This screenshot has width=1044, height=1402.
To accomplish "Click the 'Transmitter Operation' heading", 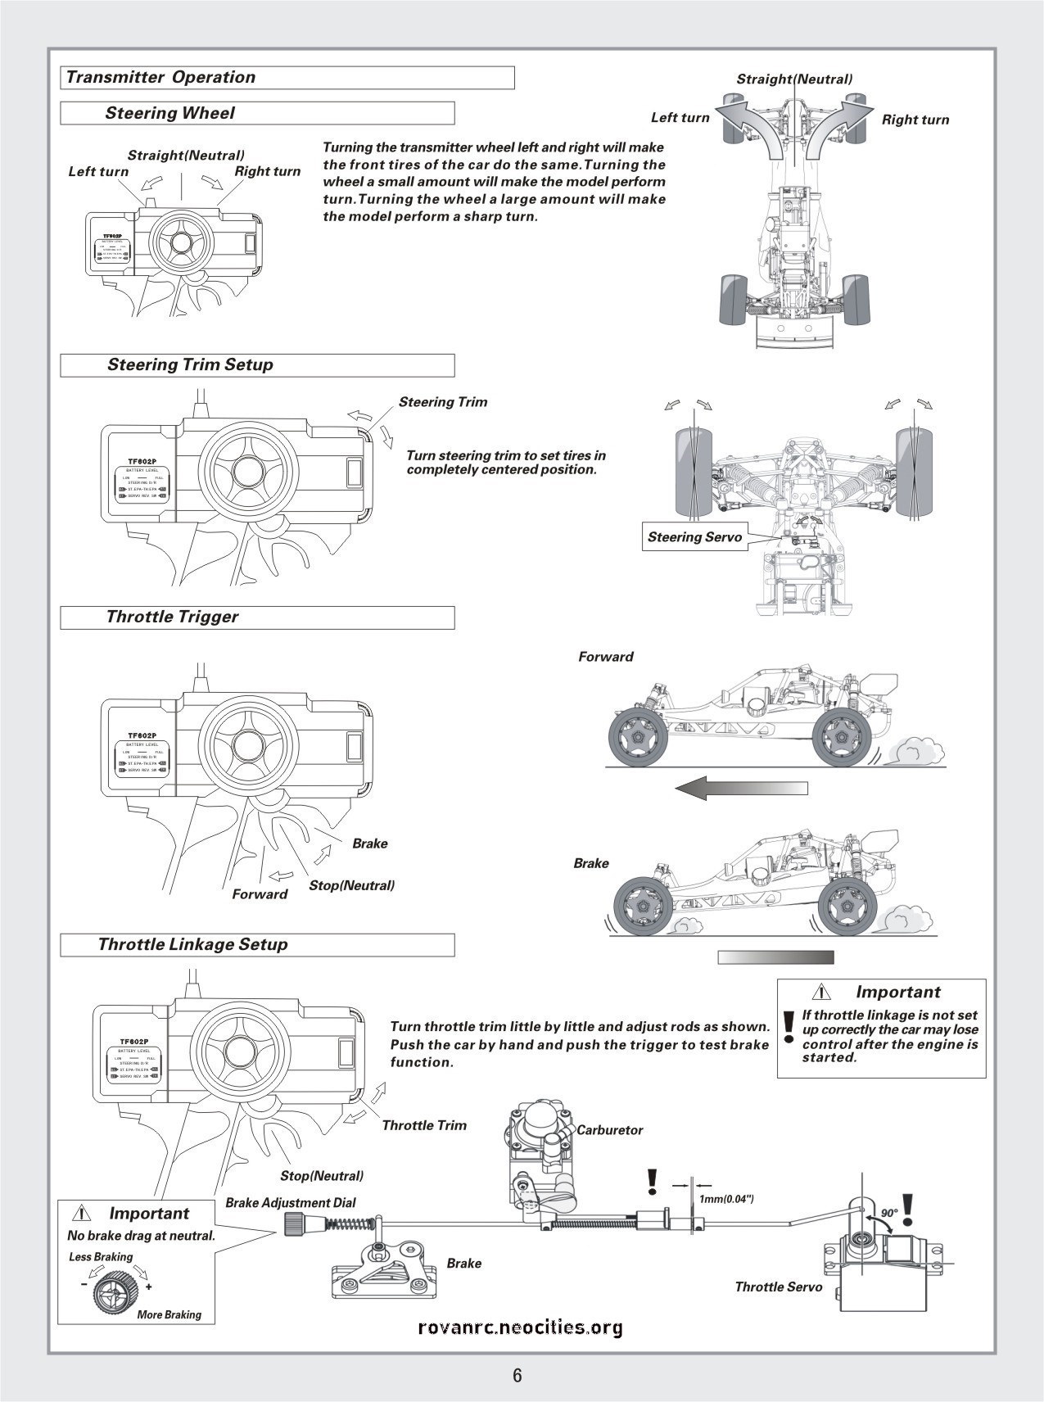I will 160,78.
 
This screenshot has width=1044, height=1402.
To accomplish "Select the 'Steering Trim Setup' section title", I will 190,365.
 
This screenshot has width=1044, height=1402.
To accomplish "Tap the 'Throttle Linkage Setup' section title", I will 192,944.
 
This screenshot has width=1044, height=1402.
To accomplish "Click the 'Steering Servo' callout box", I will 694,537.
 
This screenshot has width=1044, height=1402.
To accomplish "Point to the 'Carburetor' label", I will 610,1130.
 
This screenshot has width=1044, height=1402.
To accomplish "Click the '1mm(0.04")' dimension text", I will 726,1199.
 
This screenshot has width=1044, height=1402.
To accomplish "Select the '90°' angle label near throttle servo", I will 889,1213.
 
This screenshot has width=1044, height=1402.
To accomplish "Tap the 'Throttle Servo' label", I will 778,1287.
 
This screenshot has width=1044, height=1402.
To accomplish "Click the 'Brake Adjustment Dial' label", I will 291,1203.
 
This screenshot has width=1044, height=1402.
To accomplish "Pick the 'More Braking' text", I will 169,1314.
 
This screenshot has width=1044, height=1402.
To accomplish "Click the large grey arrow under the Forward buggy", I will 741,788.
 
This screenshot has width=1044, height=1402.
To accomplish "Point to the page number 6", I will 517,1375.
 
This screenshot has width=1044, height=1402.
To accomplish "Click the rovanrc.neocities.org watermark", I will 520,1327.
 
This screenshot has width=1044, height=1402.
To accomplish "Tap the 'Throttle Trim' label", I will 424,1125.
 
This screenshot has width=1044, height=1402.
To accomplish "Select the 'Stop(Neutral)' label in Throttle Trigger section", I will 351,885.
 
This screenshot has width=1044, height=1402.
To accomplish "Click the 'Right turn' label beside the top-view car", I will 915,120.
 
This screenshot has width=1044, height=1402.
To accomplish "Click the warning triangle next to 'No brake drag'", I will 82,1213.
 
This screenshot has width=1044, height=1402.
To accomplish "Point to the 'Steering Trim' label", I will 443,402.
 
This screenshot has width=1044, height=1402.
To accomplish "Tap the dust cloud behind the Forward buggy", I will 915,749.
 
